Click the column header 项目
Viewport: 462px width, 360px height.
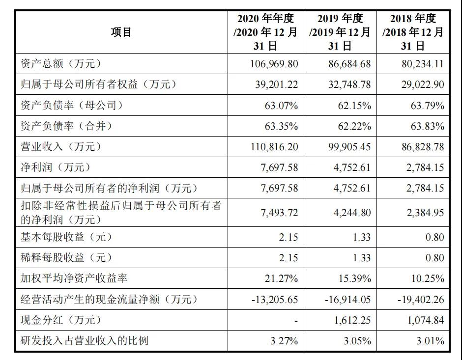coord(121,32)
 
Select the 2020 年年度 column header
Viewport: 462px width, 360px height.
coord(265,32)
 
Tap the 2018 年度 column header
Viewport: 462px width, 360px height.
coord(413,32)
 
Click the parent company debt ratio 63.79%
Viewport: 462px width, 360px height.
coord(428,105)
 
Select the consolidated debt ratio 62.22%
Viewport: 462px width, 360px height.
coord(355,126)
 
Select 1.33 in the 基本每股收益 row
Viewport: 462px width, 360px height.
coord(361,237)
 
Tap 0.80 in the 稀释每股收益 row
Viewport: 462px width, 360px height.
coord(434,258)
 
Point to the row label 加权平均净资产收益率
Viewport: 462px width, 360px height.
coord(74,278)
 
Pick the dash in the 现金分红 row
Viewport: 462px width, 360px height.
coord(295,320)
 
